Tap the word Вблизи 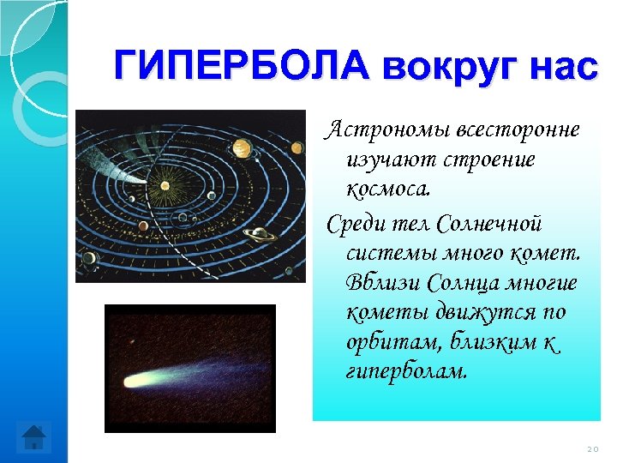click(383, 284)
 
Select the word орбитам click(386, 344)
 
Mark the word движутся click(470, 314)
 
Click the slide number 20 click(592, 448)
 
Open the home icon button click(34, 438)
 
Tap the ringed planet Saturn click(255, 233)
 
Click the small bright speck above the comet click(134, 340)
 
